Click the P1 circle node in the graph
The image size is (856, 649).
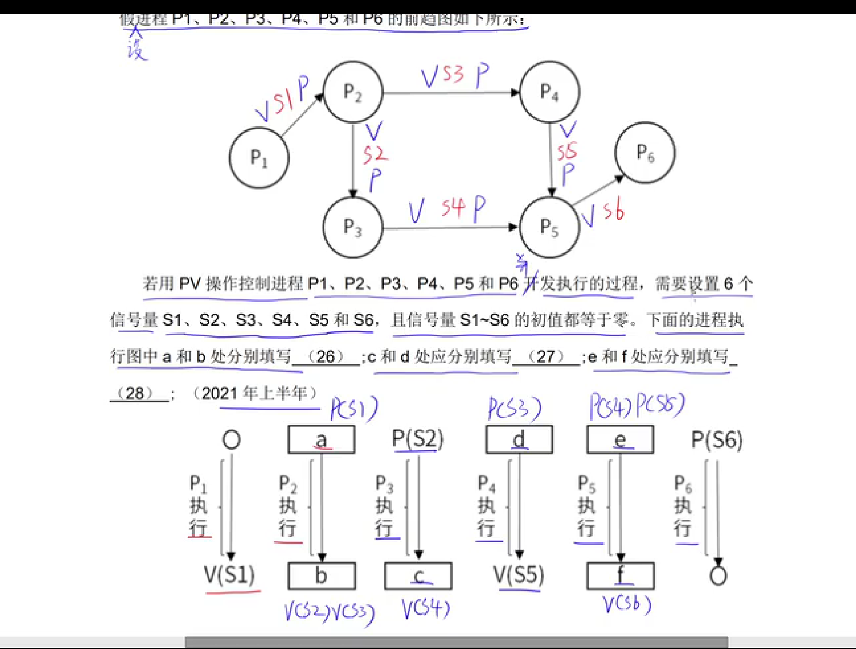259,157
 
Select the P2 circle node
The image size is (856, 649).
353,92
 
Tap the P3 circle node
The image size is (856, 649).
353,227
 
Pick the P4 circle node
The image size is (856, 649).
549,92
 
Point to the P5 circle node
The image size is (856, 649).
549,227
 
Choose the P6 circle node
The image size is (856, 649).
645,153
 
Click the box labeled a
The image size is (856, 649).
321,440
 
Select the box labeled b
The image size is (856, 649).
321,576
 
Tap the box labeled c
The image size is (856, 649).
418,576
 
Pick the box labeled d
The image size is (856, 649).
518,440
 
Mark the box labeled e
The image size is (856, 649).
620,440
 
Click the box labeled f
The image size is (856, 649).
620,576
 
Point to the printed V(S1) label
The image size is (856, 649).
229,575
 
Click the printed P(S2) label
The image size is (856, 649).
418,439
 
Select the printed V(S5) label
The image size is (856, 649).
518,575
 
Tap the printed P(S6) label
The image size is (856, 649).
717,440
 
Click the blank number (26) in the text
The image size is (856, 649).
326,356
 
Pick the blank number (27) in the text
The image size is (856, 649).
546,356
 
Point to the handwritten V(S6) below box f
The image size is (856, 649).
627,604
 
